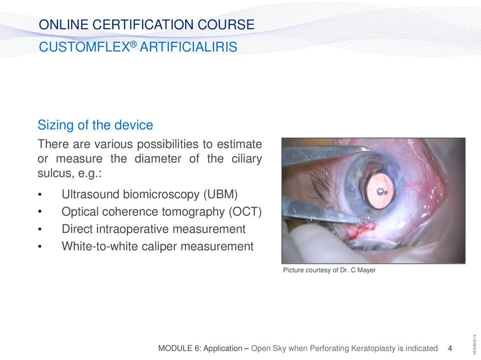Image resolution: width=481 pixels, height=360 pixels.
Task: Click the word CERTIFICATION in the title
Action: pyautogui.click(x=143, y=24)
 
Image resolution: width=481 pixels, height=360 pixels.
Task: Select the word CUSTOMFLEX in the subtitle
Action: pyautogui.click(x=84, y=47)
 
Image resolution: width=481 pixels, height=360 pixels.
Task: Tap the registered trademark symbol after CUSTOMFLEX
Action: pyautogui.click(x=133, y=44)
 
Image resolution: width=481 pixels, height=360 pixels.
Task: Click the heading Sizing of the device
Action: pyautogui.click(x=95, y=125)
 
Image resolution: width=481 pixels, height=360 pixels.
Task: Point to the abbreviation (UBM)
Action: pyautogui.click(x=220, y=194)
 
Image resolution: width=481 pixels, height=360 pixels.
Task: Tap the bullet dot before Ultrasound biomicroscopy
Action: pyautogui.click(x=40, y=194)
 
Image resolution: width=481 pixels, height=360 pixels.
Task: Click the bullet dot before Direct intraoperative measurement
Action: pyautogui.click(x=40, y=229)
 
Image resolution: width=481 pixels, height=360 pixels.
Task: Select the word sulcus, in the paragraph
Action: pyautogui.click(x=54, y=173)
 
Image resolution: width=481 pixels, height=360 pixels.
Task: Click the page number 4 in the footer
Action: pyautogui.click(x=450, y=348)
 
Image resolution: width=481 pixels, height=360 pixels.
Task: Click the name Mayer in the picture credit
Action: pyautogui.click(x=366, y=270)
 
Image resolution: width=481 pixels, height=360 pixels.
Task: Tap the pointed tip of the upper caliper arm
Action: pyautogui.click(x=370, y=149)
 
